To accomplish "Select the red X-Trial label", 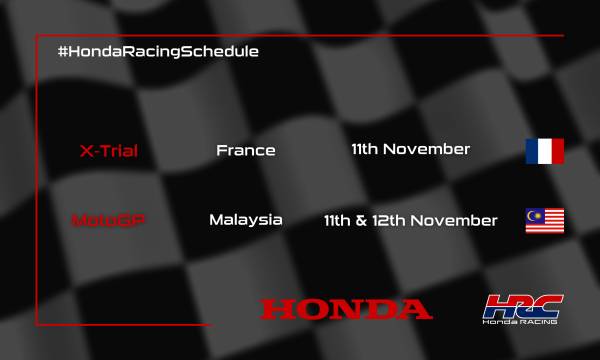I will (x=108, y=152).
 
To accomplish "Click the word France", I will (x=245, y=151).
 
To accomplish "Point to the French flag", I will (x=544, y=151).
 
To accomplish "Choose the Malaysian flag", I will (x=544, y=220).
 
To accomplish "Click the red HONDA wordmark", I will (x=346, y=309).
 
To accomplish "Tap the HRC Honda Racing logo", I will (x=521, y=310).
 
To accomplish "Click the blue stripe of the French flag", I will (x=532, y=151).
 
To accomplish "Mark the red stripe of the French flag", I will (x=557, y=151).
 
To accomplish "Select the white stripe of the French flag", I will (x=544, y=151).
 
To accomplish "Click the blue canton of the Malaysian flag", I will (x=534, y=215).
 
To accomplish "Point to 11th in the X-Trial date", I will (x=365, y=150).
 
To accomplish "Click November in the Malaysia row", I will (x=459, y=220).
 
